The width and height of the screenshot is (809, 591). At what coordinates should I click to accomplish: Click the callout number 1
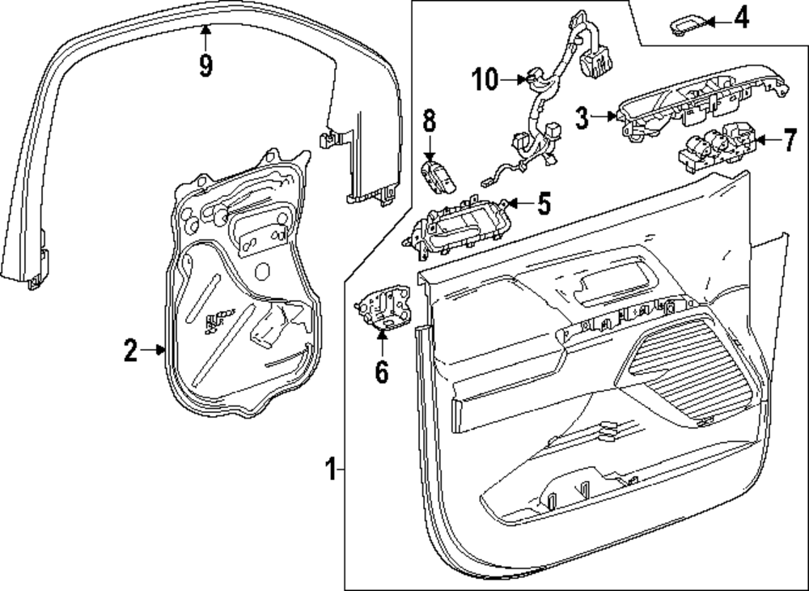(329, 469)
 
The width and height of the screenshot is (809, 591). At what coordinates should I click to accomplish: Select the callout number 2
(130, 351)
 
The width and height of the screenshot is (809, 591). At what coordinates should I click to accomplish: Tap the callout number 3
(581, 117)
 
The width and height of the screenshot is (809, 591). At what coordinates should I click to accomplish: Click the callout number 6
(381, 372)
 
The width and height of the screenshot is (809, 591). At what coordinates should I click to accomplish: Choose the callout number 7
(789, 141)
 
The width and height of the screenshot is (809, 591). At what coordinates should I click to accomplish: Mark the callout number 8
(429, 122)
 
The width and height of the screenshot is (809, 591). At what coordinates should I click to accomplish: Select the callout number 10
(485, 79)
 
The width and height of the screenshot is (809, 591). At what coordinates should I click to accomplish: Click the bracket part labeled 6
(381, 310)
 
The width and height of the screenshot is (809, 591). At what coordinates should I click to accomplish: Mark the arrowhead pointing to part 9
(205, 30)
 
